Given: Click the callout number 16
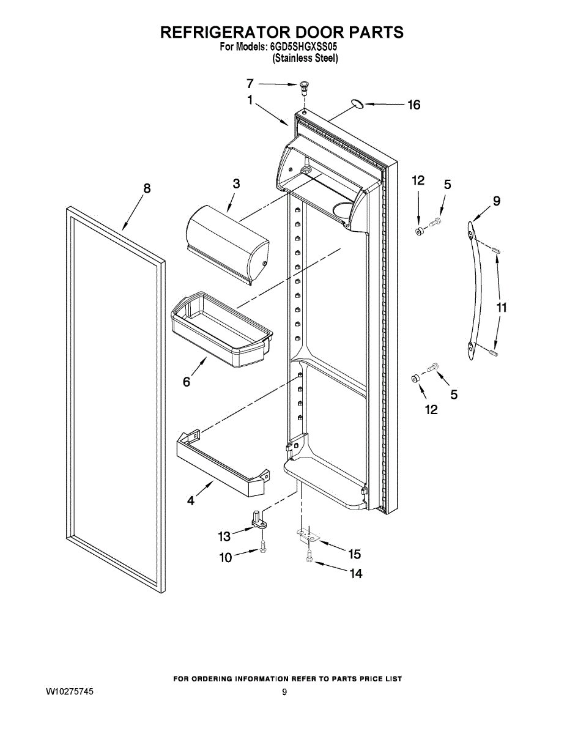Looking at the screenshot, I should (x=414, y=105).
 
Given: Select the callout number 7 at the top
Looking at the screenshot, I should (x=250, y=84).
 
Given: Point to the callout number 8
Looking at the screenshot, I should (x=147, y=188).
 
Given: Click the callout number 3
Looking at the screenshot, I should (x=236, y=183).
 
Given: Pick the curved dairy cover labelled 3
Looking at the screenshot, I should (x=227, y=242).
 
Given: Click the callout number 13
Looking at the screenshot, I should (x=224, y=536).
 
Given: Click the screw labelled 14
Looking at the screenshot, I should (x=310, y=558).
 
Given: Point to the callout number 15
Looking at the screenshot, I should (x=354, y=554).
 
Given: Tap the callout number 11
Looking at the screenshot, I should (x=502, y=308).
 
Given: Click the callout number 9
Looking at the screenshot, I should (x=496, y=201).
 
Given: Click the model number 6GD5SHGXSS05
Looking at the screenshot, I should (x=303, y=46).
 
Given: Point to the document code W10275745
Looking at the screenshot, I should (x=70, y=692).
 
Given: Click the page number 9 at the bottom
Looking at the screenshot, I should (x=284, y=692).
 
